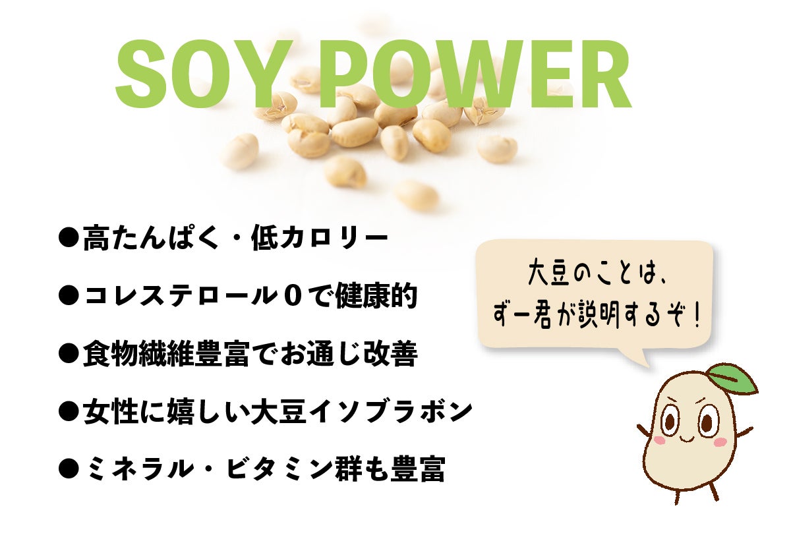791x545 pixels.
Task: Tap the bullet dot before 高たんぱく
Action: click(x=68, y=238)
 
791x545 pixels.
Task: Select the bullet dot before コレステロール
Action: click(x=68, y=295)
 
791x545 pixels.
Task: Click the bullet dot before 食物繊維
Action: click(x=68, y=353)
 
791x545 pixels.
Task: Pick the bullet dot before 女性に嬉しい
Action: click(x=68, y=412)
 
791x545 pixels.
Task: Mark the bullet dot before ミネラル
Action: click(x=68, y=469)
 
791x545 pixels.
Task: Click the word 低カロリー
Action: click(x=320, y=239)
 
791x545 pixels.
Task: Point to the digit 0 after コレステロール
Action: click(x=293, y=296)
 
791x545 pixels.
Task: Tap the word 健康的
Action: click(x=376, y=296)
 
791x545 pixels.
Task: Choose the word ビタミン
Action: click(x=279, y=469)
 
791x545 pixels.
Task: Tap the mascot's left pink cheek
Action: click(x=659, y=440)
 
